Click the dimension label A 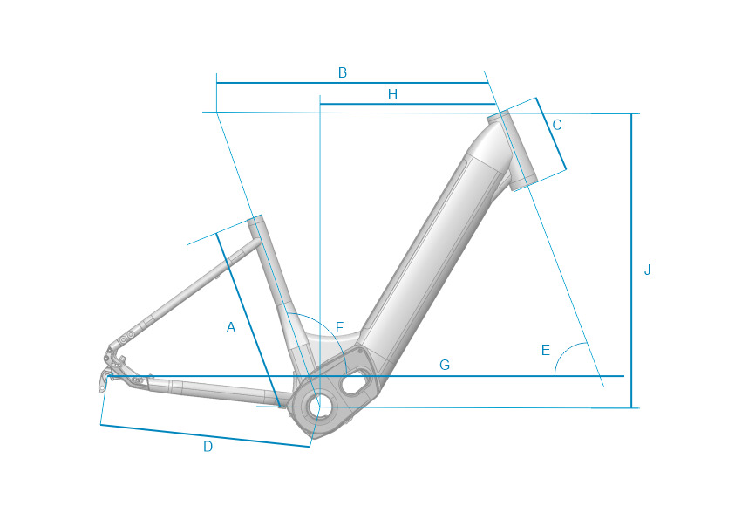231,327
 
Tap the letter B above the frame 342,72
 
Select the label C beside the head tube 557,125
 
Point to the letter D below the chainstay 208,447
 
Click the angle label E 545,350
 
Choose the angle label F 340,327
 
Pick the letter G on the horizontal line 445,365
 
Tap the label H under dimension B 393,95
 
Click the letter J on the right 647,270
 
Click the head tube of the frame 512,150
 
